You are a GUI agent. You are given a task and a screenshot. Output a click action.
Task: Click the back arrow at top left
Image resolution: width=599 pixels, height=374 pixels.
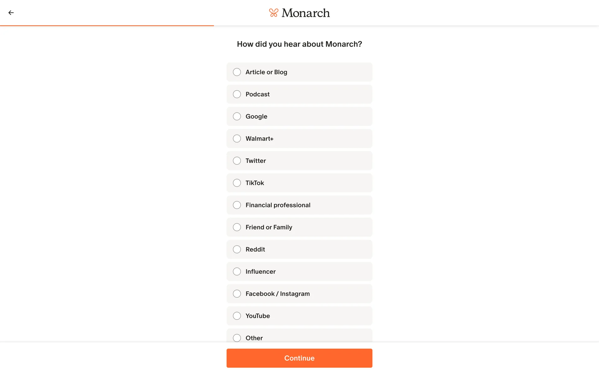11,13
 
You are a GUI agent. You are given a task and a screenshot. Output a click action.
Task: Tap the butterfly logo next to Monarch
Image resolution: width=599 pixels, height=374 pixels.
274,13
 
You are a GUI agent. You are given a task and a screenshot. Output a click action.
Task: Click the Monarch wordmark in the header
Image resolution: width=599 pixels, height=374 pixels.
305,13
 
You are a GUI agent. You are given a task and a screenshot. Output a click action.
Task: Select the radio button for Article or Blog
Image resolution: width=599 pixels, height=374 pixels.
237,72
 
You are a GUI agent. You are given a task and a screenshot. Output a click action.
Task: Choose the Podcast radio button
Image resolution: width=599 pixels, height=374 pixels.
237,94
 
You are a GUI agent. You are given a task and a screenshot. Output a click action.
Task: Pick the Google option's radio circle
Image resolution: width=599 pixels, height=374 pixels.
237,116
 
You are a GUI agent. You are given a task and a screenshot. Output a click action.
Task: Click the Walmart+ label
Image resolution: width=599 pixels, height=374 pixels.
259,139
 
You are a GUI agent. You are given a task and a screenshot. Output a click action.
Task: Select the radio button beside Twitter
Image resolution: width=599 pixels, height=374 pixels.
237,161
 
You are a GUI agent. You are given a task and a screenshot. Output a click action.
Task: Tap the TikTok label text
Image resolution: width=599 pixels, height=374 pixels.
255,183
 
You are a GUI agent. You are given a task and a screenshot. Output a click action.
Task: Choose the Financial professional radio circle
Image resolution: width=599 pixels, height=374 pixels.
237,205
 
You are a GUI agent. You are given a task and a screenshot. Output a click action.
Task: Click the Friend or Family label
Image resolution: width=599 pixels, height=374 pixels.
269,227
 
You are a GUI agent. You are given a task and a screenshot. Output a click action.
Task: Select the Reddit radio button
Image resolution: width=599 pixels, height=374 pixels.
237,249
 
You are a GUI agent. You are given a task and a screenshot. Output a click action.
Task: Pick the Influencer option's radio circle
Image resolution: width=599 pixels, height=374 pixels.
237,271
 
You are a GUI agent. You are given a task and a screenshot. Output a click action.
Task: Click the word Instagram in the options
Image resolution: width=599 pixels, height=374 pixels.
295,294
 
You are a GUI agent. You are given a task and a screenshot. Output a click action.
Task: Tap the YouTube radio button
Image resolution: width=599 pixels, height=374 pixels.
237,316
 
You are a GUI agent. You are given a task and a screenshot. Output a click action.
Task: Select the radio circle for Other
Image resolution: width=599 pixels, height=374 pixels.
237,338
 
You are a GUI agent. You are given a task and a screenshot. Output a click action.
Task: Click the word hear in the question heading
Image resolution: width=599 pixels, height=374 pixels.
292,44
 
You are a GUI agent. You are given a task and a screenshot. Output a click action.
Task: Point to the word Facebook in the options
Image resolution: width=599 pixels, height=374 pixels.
260,294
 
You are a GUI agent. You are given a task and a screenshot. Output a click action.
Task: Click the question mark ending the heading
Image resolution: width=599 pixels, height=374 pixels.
360,44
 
